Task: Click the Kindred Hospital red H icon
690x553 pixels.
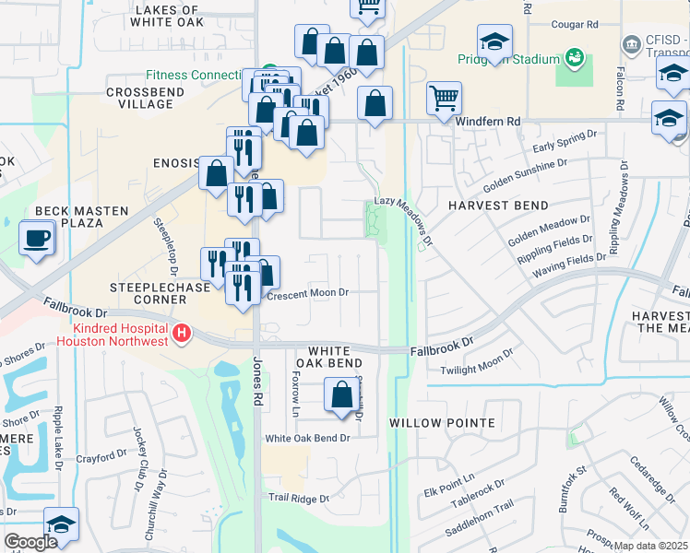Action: pos(183,332)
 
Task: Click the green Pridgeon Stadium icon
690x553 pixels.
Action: pos(576,58)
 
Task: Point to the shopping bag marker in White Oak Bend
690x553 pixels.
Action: pos(341,396)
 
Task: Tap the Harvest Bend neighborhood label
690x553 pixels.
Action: pos(498,206)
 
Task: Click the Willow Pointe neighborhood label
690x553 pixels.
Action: pos(442,423)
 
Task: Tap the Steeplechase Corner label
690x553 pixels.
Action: pos(150,293)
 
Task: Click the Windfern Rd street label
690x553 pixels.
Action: pos(494,121)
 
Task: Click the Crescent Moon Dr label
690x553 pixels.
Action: pos(307,293)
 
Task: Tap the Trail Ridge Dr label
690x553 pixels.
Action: pos(298,498)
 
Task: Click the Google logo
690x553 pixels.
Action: pos(30,542)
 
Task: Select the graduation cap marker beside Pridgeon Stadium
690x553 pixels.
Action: pos(494,42)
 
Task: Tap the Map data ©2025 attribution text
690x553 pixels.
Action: pos(650,546)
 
